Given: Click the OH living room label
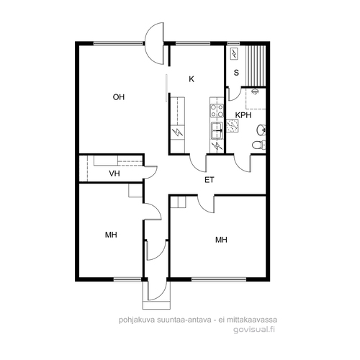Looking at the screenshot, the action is coord(119,97).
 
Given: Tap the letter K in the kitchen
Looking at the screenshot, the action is coord(192,79).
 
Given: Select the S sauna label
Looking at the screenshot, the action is coord(236,73).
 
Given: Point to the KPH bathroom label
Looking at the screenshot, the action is coord(243,115).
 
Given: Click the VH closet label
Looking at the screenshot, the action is coord(114,174).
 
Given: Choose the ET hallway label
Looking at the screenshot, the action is coord(209,180).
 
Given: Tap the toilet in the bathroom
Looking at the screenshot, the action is coord(258,145).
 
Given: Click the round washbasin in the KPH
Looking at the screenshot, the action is coord(261,130).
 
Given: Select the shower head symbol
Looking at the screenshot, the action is coord(255,91).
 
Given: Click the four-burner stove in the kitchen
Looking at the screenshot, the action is coord(217,110).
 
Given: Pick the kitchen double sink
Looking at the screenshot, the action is coord(217,130).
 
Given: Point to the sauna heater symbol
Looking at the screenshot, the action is coord(234,54).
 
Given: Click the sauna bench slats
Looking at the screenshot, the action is coord(256,66).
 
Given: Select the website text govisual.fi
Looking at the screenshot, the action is coord(254,330).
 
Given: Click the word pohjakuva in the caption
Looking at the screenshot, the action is coord(137,320).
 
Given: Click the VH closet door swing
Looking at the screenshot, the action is coord(150,172).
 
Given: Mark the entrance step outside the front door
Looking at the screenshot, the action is coord(156,305).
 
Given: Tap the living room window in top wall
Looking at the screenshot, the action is coord(118,43).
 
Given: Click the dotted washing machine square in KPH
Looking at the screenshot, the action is coord(233,126).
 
